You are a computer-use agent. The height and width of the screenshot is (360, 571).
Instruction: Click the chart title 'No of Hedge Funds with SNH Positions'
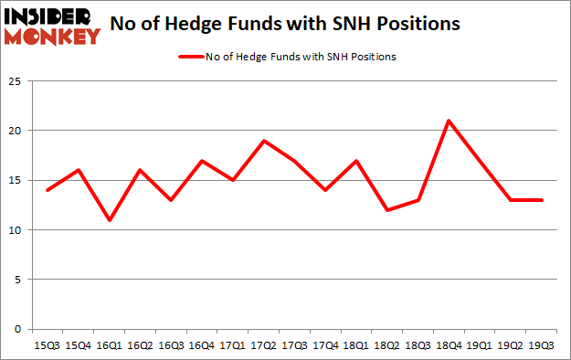point(292,25)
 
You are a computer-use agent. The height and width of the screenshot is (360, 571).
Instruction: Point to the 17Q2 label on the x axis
point(265,344)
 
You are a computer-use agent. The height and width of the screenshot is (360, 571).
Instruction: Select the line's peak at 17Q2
point(265,141)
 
